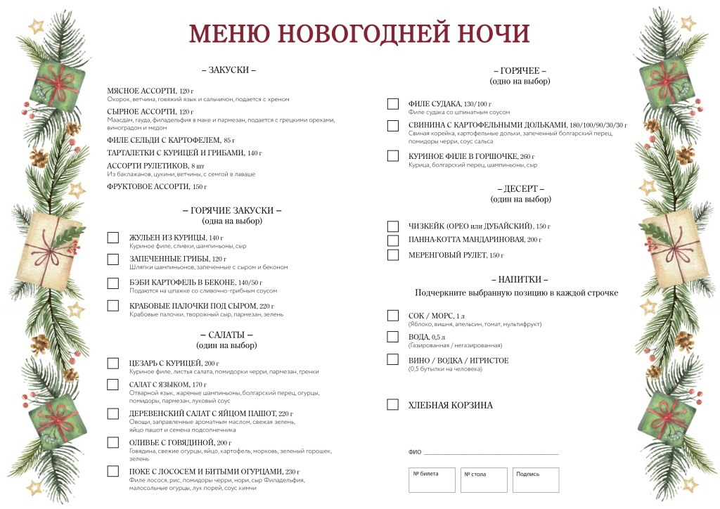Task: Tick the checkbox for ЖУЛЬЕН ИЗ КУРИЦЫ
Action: tap(112, 238)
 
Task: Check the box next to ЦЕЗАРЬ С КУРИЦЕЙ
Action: tap(112, 363)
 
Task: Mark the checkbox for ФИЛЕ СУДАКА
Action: tap(393, 104)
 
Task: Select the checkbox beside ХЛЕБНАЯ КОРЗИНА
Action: tap(393, 405)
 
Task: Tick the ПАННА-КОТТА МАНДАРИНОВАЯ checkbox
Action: tap(393, 240)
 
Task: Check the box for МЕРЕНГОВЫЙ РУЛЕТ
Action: tap(393, 254)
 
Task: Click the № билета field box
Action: tap(432, 480)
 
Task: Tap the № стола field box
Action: tap(484, 480)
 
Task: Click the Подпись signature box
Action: tap(536, 480)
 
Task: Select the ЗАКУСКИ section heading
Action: tap(229, 70)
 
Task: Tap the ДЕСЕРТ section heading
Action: tap(520, 189)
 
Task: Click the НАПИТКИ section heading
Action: tap(520, 279)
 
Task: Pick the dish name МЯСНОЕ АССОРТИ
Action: tap(141, 91)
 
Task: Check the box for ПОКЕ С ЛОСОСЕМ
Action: tap(112, 471)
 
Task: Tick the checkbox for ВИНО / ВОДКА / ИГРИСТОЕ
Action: tap(393, 359)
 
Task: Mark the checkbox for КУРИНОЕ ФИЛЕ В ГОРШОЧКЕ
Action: tap(393, 156)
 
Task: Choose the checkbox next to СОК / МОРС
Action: tap(393, 316)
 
